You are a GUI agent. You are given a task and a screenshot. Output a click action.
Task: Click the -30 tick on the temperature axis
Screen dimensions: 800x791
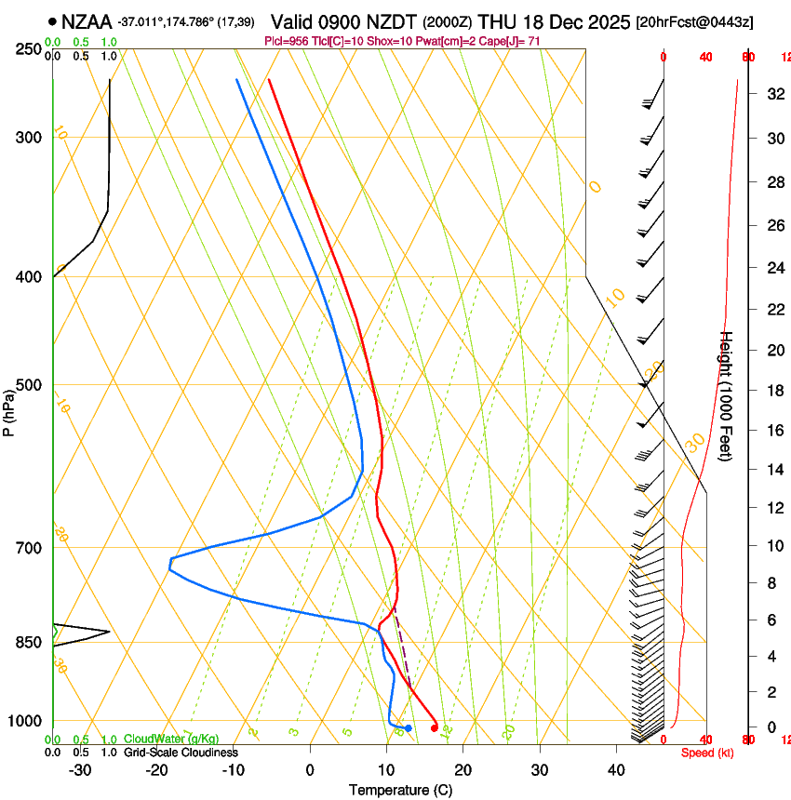click(80, 770)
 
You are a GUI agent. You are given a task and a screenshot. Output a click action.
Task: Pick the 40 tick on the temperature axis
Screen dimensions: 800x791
click(616, 770)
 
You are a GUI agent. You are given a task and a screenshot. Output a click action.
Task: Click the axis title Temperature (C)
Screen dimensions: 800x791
click(400, 791)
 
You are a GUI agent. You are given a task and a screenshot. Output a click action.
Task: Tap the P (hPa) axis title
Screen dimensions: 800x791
click(9, 408)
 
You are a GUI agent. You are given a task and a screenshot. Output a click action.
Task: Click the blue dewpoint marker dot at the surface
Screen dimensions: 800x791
click(408, 727)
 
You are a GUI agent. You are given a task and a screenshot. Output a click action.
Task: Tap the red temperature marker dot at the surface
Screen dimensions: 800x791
click(435, 727)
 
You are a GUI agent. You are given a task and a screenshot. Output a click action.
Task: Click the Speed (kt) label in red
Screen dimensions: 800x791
click(706, 753)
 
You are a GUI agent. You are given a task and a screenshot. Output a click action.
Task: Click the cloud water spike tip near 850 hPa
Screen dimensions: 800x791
click(109, 633)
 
